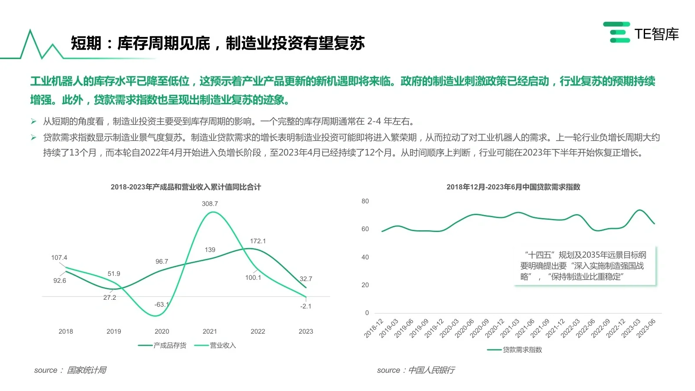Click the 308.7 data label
click(210, 204)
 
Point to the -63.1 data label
click(162, 305)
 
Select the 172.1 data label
click(258, 241)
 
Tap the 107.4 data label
click(59, 258)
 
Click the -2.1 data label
click(306, 306)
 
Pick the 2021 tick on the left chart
click(210, 331)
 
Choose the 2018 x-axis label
click(66, 331)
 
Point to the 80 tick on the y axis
click(365, 201)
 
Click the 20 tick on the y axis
click(365, 285)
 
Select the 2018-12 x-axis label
click(374, 328)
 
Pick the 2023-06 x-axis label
click(646, 328)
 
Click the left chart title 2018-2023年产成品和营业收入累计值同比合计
click(186, 187)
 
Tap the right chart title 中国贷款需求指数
click(513, 187)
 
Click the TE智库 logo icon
click(617, 33)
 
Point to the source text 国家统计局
click(86, 370)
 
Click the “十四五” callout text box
click(584, 266)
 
